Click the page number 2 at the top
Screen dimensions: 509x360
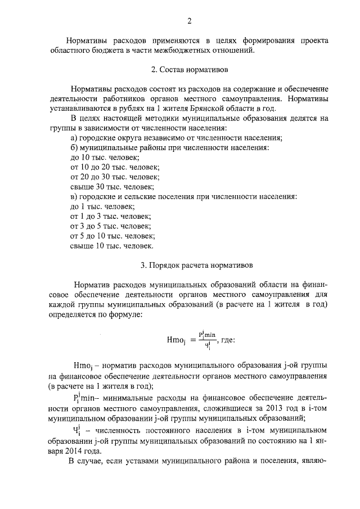tap(190, 21)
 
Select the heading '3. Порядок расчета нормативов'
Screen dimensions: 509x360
tap(189, 264)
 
